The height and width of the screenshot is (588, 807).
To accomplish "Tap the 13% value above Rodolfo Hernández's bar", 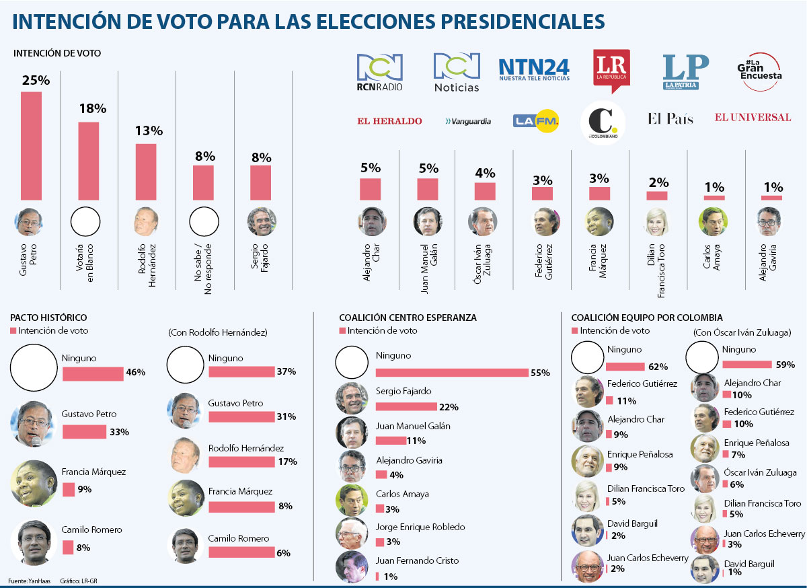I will pyautogui.click(x=146, y=133).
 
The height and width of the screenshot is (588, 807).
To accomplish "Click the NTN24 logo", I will pyautogui.click(x=534, y=69).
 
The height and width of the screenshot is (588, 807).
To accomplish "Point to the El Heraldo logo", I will pyautogui.click(x=389, y=121).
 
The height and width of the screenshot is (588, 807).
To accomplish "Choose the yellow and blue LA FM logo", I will pyautogui.click(x=536, y=121).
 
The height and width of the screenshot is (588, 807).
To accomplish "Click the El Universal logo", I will pyautogui.click(x=753, y=118).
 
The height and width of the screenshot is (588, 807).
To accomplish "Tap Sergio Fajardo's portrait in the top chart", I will pyautogui.click(x=262, y=221).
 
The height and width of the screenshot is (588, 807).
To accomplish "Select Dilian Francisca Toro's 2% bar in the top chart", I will pyautogui.click(x=657, y=196).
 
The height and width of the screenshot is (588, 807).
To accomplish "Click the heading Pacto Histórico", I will pyautogui.click(x=48, y=317).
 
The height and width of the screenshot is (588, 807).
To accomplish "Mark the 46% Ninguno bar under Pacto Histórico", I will pyautogui.click(x=93, y=373).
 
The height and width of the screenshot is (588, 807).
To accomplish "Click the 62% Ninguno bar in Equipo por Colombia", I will pyautogui.click(x=626, y=366).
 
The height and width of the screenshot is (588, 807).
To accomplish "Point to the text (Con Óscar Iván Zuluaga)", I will pyautogui.click(x=741, y=332).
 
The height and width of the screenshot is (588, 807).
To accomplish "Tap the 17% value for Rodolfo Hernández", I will pyautogui.click(x=287, y=462).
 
